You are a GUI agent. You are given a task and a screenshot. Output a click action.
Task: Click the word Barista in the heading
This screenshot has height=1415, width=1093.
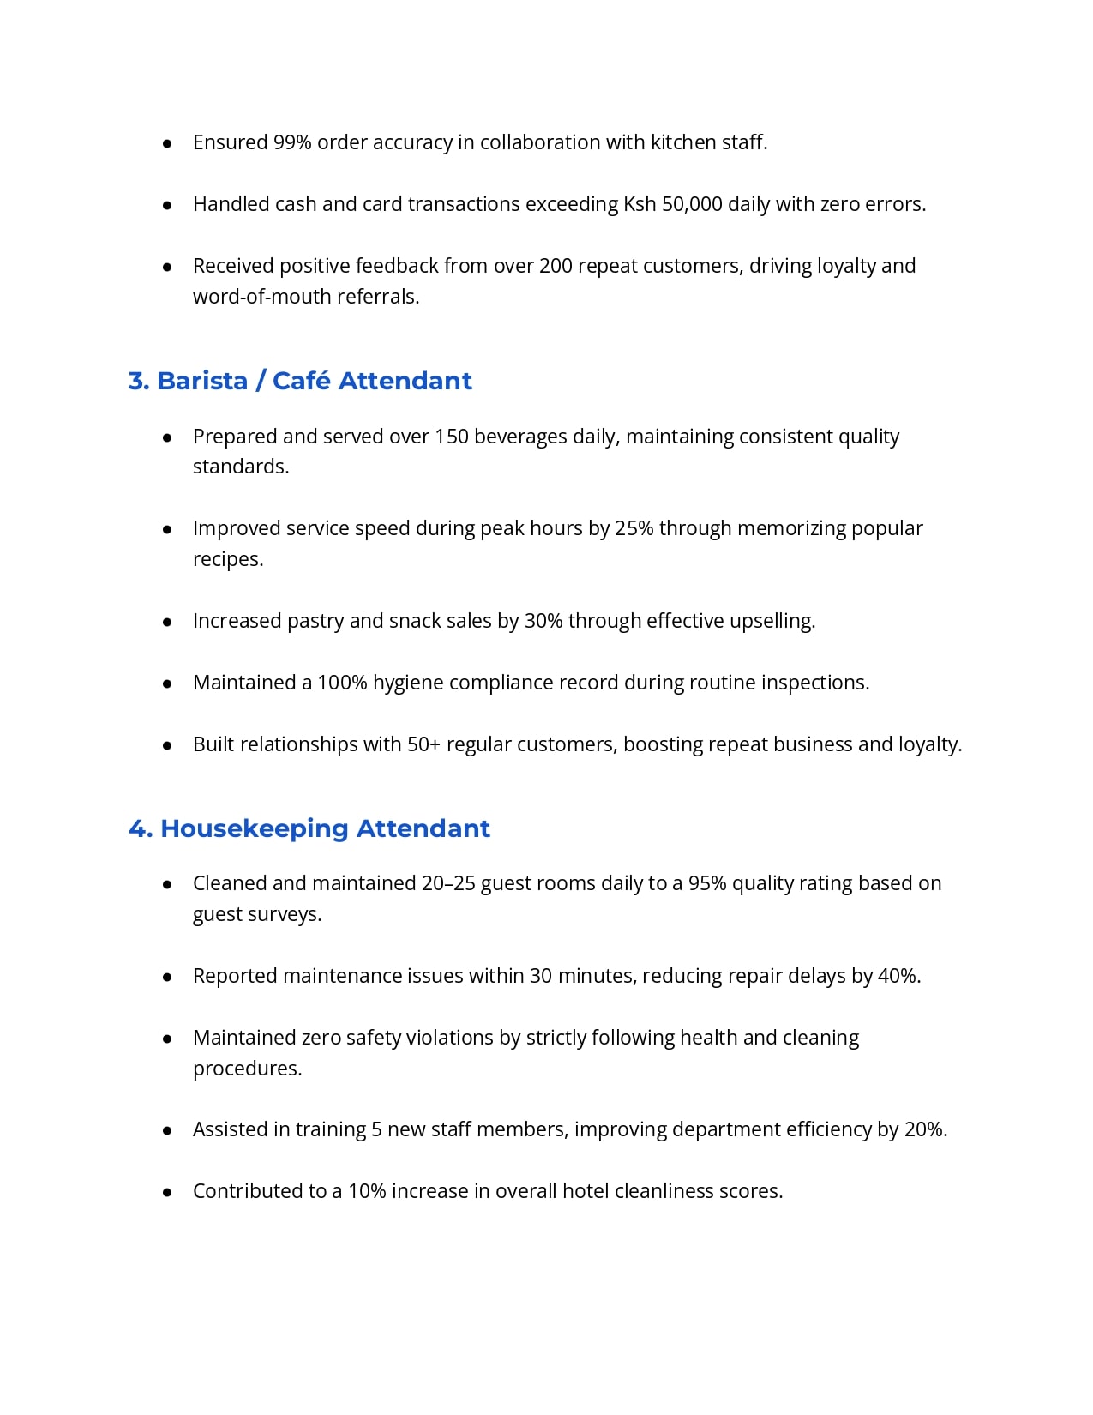tap(202, 381)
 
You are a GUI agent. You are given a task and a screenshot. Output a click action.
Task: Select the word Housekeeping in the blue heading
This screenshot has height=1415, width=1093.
tap(255, 828)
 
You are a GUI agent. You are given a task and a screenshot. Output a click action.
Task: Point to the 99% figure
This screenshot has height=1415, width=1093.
tap(292, 142)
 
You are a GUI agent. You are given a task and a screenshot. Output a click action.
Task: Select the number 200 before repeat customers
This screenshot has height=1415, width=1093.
tap(556, 266)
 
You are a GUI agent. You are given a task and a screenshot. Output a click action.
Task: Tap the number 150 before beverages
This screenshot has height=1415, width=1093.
tap(452, 437)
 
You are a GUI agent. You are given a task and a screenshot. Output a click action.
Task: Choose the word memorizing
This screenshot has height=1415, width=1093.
tap(791, 528)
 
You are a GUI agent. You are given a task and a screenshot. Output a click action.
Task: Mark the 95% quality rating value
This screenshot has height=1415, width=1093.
tap(707, 883)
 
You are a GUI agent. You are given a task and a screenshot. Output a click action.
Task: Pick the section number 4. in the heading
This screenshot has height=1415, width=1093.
tap(141, 828)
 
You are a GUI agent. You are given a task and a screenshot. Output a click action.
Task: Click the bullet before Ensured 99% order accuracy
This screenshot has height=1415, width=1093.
tap(168, 143)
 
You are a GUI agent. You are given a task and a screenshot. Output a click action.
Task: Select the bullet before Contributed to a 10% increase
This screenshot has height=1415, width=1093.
tap(168, 1192)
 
